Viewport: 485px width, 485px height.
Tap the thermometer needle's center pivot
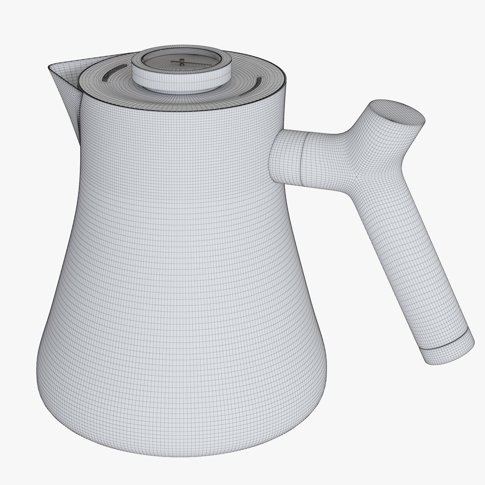click(x=182, y=60)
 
